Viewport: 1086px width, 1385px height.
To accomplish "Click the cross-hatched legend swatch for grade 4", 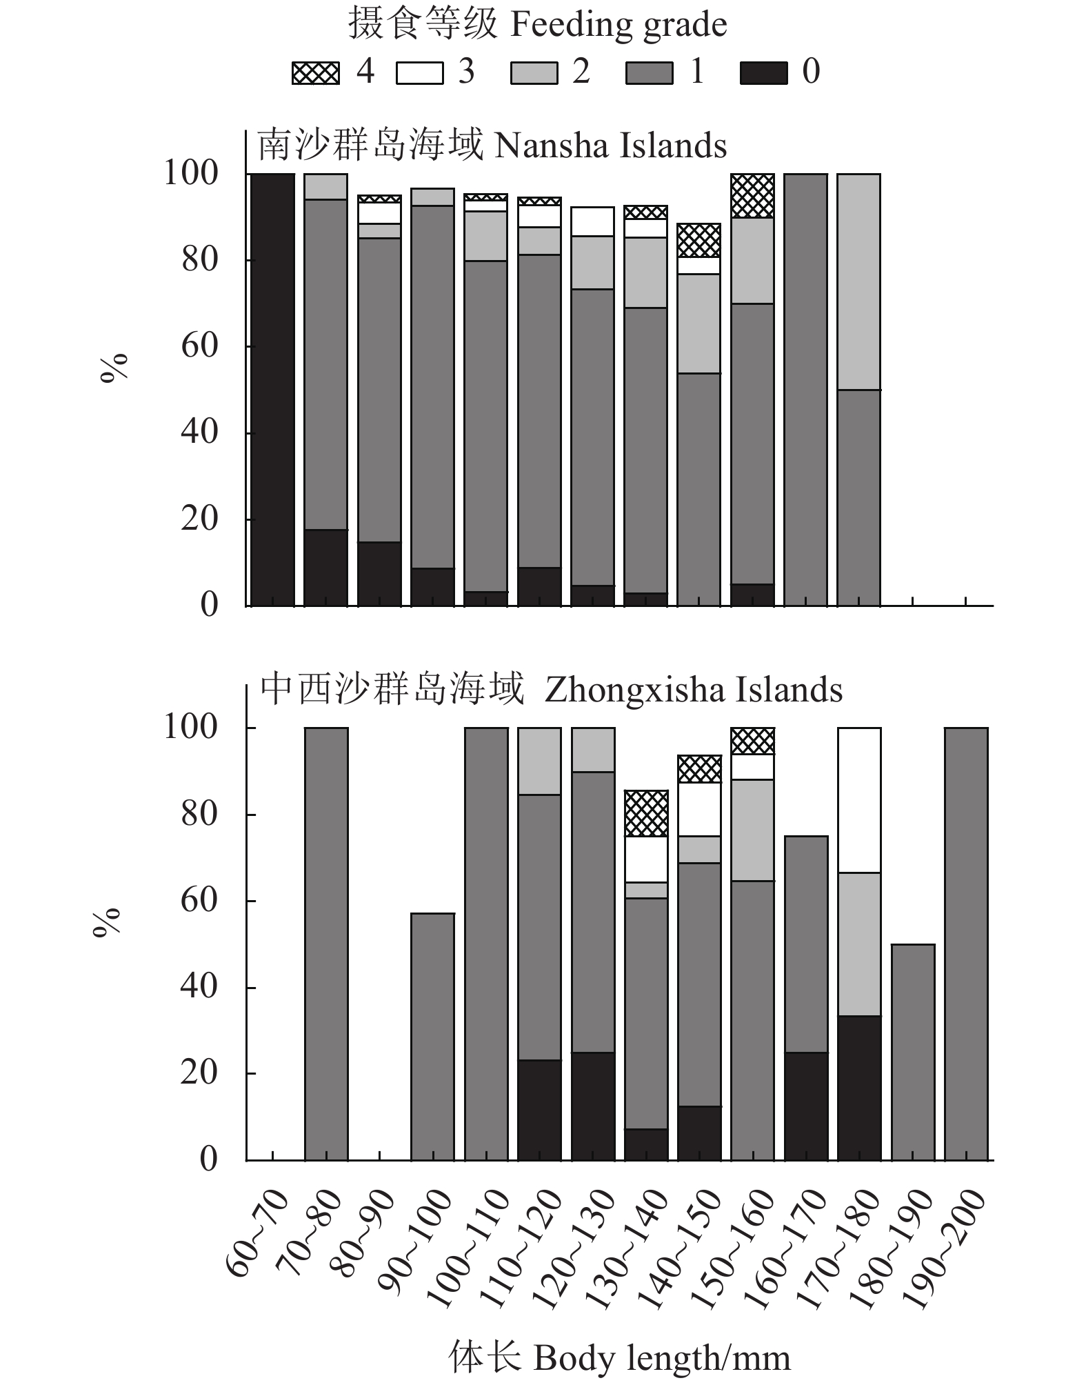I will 316,72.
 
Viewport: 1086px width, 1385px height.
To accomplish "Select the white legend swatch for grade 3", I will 419,72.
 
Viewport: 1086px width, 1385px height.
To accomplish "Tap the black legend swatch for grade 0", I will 763,72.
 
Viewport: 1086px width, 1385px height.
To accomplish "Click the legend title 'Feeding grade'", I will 537,26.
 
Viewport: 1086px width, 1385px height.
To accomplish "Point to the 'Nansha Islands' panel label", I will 492,146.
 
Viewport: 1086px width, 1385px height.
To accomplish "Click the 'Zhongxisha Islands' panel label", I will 551,690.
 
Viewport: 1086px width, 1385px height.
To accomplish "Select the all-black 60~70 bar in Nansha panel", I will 272,390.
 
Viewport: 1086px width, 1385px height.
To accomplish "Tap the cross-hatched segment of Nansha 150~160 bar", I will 752,196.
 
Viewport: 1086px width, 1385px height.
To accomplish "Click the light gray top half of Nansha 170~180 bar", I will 858,281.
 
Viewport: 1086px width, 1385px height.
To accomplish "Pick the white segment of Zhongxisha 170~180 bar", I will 859,800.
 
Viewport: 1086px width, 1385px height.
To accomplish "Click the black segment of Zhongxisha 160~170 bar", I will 806,1106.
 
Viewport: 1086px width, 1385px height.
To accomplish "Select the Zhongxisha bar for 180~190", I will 912,1052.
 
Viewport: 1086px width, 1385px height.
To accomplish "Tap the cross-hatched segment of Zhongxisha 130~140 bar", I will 646,813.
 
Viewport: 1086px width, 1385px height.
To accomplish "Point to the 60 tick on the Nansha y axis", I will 200,346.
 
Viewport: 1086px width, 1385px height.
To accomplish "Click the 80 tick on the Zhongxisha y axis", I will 199,814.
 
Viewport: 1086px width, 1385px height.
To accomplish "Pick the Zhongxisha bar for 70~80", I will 326,944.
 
